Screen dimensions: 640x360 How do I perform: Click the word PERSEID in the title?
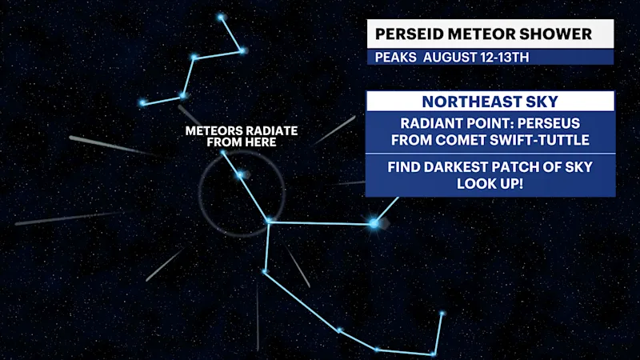(x=409, y=34)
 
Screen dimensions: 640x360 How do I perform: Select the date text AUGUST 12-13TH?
(x=476, y=58)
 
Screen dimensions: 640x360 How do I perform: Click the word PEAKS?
(x=395, y=58)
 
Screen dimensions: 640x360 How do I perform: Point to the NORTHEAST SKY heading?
(x=490, y=102)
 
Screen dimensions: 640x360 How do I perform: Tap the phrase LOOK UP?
(x=490, y=184)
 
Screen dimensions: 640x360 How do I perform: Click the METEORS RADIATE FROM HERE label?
(x=242, y=136)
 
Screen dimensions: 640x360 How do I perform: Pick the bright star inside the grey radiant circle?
(x=241, y=175)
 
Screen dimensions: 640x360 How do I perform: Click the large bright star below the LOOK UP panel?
(x=374, y=223)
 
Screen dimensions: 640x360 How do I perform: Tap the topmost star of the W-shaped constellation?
(x=221, y=17)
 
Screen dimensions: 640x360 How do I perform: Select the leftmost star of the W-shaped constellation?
(x=142, y=103)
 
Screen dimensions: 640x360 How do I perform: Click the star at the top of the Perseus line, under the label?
(x=223, y=153)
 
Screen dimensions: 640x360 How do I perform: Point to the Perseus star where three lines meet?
(x=268, y=222)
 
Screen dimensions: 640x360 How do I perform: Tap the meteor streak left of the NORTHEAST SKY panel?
(x=334, y=130)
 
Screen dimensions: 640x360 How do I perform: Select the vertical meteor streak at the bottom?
(x=258, y=318)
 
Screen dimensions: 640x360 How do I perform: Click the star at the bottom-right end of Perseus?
(x=442, y=314)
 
